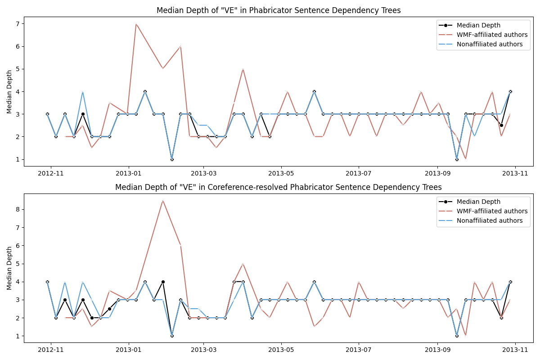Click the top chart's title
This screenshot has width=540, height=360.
point(279,10)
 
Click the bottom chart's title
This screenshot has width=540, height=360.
point(279,187)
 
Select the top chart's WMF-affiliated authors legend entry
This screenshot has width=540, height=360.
point(490,35)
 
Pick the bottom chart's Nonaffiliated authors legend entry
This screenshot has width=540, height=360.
point(490,220)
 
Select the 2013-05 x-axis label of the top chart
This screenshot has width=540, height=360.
point(281,173)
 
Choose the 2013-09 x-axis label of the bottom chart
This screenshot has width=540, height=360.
point(437,350)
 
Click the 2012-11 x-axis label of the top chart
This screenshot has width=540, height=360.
point(51,173)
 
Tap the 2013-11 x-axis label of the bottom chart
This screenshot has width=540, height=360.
point(515,350)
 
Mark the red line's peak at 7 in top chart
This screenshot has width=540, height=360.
point(136,24)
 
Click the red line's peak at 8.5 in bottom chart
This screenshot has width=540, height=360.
point(163,201)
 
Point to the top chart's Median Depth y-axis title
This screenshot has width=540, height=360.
point(9,91)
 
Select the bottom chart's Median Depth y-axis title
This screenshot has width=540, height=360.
point(9,268)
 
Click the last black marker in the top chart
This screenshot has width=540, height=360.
point(510,91)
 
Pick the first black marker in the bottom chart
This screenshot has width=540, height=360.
point(47,282)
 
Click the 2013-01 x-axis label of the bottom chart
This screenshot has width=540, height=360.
point(129,350)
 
